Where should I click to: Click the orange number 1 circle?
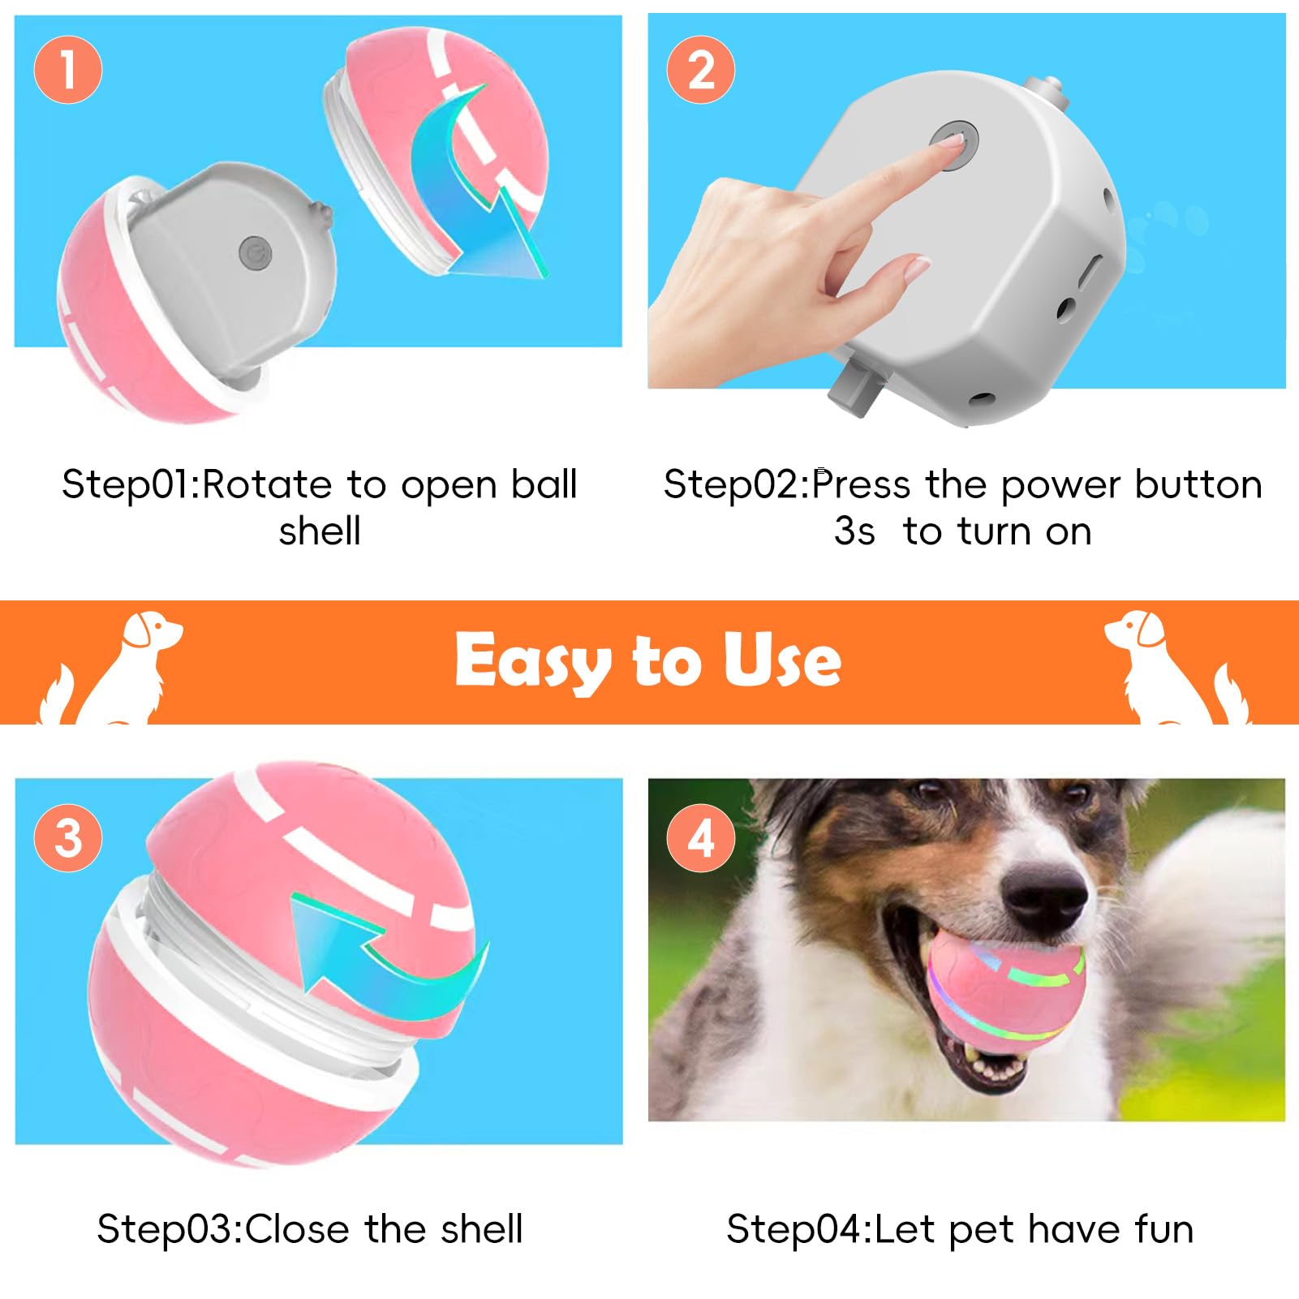(x=68, y=69)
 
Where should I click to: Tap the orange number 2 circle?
(x=700, y=69)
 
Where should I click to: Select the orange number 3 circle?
(x=68, y=837)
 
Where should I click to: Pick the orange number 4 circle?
(x=700, y=837)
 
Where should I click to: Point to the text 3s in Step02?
(x=854, y=532)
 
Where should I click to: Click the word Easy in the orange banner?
(x=531, y=661)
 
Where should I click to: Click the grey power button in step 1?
(x=256, y=253)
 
